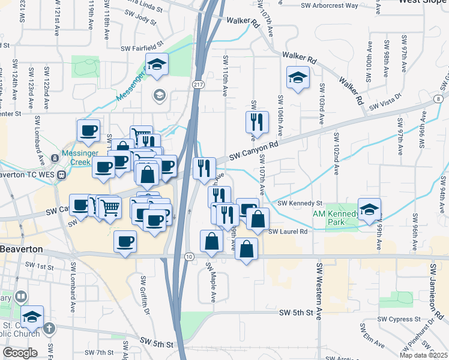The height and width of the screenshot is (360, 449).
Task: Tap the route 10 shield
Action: click(189, 257)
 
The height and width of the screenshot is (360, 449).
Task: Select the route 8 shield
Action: click(440, 98)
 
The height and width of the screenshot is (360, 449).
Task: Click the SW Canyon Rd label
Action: click(254, 151)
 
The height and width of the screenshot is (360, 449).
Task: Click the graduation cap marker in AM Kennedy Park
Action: click(370, 209)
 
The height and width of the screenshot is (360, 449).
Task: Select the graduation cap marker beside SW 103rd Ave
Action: click(297, 78)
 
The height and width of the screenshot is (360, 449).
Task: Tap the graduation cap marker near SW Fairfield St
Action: click(157, 64)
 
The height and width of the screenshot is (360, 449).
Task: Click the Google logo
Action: click(19, 353)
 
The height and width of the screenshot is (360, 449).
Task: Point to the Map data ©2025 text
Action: click(424, 355)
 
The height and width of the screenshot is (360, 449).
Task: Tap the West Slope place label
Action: click(423, 2)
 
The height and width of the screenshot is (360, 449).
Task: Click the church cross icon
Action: click(49, 329)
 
